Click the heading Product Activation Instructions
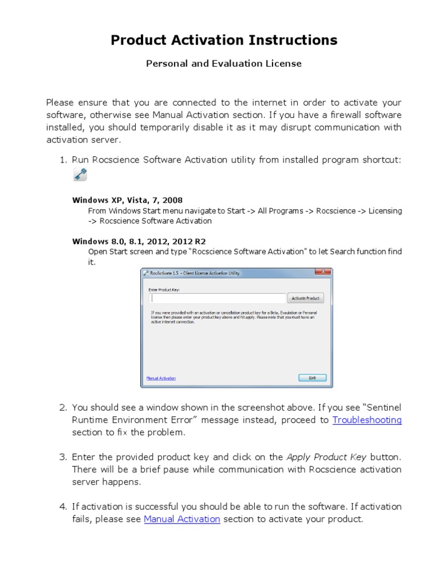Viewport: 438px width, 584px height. tap(224, 40)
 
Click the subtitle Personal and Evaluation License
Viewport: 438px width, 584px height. tap(224, 64)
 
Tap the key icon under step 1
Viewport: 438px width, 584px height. tap(80, 175)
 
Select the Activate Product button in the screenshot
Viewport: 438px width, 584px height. tap(306, 298)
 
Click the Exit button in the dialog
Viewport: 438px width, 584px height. tap(312, 378)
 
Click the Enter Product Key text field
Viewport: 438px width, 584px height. tap(217, 298)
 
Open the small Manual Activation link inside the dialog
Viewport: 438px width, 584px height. tap(161, 378)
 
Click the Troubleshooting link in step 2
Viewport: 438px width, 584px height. tap(367, 420)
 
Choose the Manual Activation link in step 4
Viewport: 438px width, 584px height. tap(182, 519)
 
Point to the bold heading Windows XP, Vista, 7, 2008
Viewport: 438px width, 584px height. tap(127, 200)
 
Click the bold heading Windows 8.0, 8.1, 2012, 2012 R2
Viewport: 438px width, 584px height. tap(139, 241)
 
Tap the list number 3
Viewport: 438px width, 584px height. tap(63, 457)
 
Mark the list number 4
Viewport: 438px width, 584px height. tap(63, 506)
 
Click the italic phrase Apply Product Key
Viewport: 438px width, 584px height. tap(327, 457)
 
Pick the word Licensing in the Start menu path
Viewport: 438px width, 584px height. tap(385, 210)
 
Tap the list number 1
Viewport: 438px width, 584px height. tap(63, 160)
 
